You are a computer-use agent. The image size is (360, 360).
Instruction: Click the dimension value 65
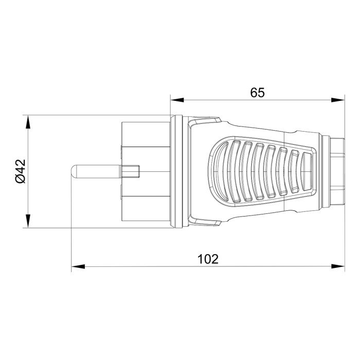[x=257, y=93]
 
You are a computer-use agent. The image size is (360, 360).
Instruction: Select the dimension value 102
[x=208, y=259]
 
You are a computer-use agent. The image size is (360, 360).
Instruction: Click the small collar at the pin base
[x=132, y=171]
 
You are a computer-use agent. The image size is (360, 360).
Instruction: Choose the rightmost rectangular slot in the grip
[x=308, y=172]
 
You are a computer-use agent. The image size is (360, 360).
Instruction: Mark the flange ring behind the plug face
[x=175, y=171]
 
